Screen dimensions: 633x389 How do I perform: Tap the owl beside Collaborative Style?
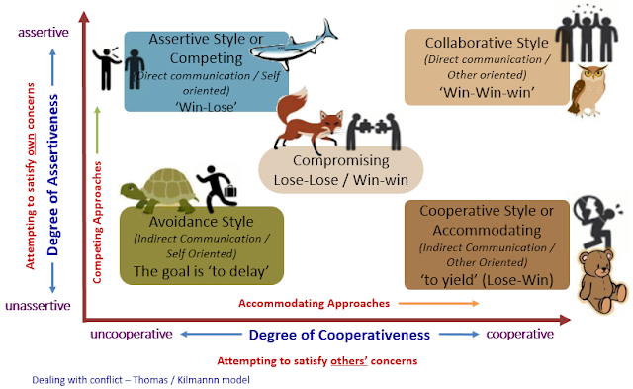tap(589, 86)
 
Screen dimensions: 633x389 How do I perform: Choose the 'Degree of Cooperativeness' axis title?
tap(331, 335)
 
